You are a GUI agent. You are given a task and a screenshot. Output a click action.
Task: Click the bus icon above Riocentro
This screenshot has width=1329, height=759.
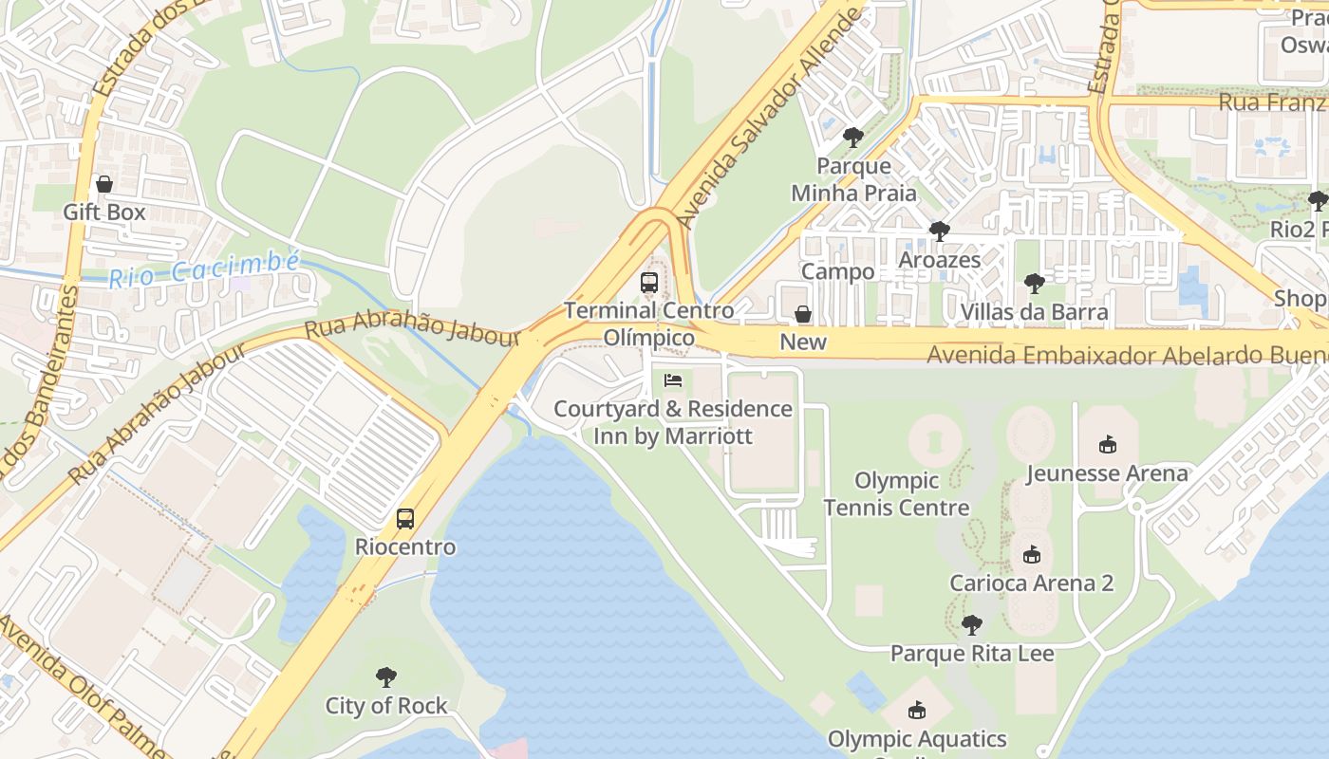pos(405,519)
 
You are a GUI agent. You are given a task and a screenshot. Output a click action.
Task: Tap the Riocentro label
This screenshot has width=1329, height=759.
pos(405,547)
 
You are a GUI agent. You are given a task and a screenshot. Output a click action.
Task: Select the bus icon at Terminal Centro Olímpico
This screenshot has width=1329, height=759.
pos(649,282)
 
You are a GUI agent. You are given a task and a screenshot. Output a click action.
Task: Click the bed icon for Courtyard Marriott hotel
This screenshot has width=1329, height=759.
pos(673,380)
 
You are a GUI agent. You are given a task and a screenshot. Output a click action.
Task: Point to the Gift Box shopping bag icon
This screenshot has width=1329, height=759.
pos(104,184)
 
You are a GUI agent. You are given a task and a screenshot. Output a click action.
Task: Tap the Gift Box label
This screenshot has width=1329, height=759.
pos(104,212)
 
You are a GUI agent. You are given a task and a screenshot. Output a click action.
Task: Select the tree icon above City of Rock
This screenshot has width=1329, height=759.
pos(385,677)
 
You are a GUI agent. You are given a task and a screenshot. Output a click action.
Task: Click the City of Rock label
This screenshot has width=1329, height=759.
pos(385,706)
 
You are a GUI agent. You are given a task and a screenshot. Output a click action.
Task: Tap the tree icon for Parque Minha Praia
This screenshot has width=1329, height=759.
pos(853,138)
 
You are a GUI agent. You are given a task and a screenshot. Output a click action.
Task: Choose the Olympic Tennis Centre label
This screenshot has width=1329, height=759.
pos(896,494)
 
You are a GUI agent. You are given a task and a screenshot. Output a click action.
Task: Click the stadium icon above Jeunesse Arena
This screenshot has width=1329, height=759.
pos(1107,444)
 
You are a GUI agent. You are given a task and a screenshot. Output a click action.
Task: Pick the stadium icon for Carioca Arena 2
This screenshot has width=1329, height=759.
pos(1032,554)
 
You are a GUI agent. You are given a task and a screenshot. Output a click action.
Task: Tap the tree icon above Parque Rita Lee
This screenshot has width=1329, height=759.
pos(971,625)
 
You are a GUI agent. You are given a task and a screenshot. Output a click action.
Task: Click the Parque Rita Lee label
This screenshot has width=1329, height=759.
pos(971,654)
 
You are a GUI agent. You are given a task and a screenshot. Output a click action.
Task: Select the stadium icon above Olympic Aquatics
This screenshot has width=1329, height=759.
pos(916,710)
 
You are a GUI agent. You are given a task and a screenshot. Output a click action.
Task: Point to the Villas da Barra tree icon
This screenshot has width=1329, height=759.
pos(1034,284)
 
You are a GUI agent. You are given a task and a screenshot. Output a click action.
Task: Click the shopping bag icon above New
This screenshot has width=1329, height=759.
pos(803,314)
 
